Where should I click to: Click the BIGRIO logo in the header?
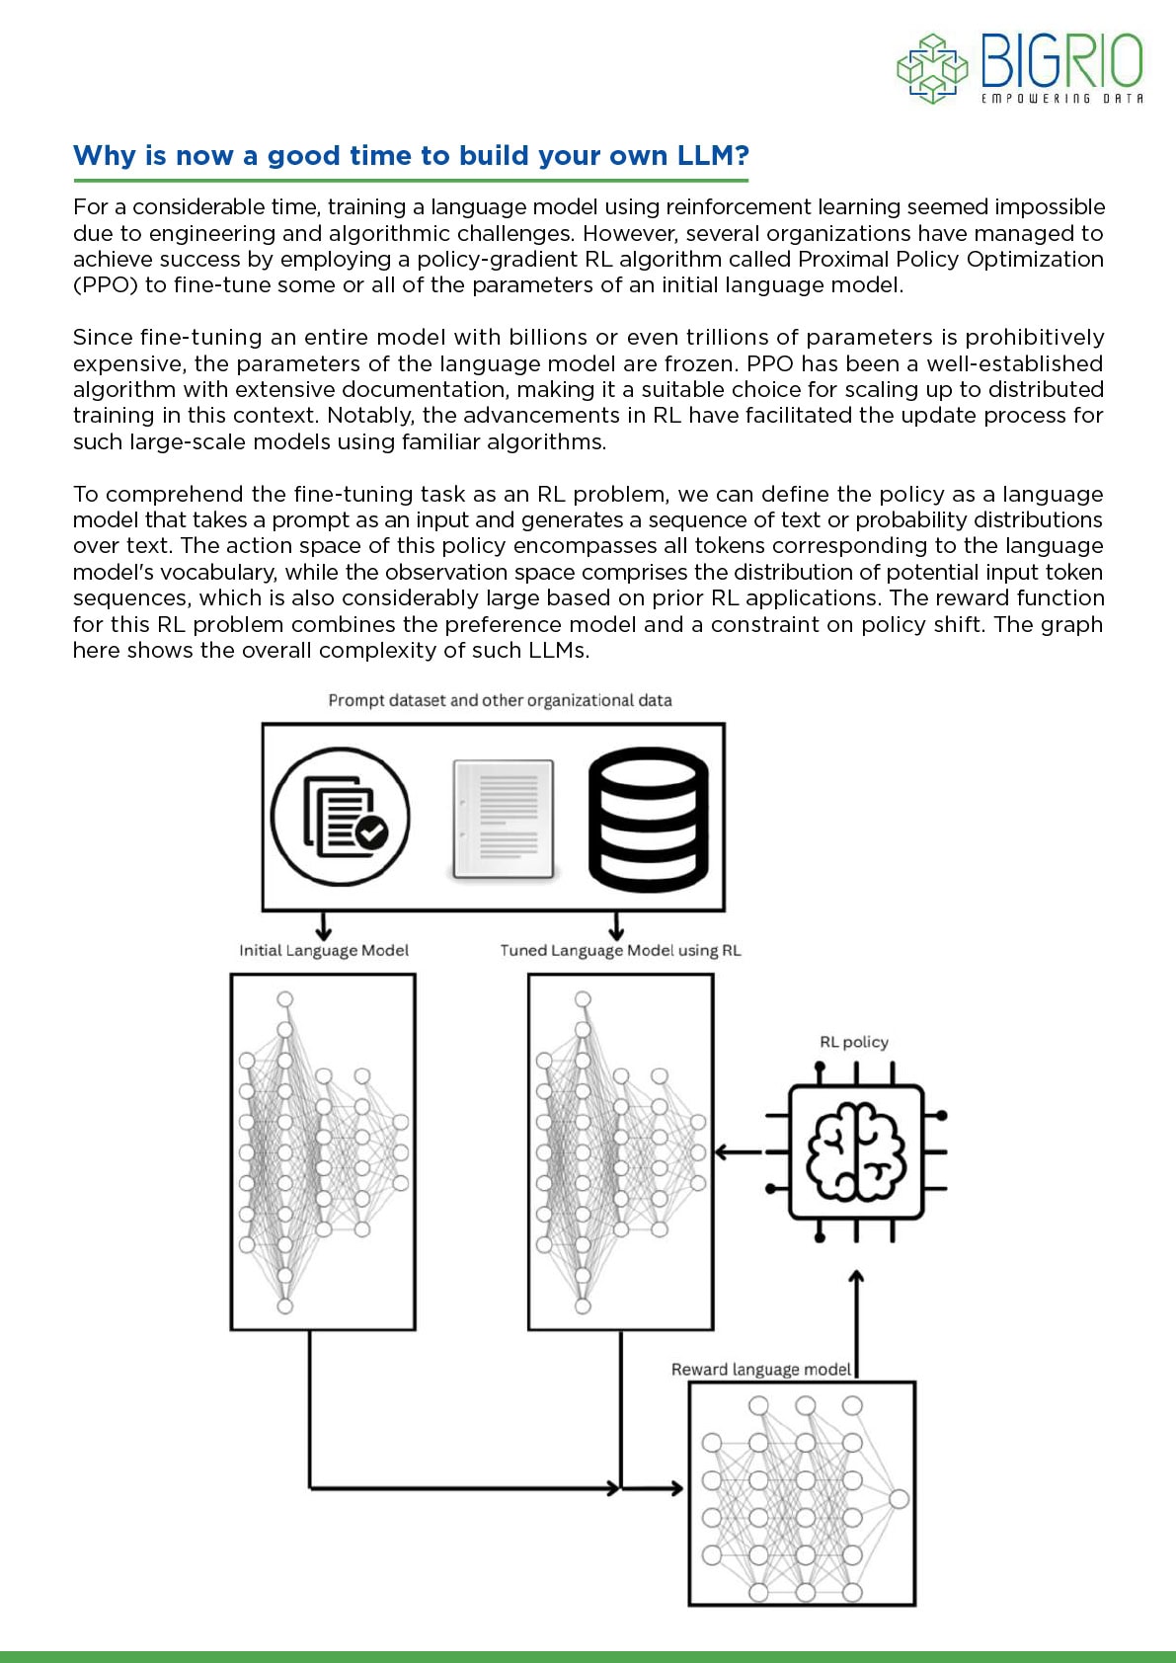(x=1019, y=67)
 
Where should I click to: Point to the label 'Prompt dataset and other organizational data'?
(x=500, y=700)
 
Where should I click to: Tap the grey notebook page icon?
(x=503, y=819)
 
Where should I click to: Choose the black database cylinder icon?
(x=649, y=819)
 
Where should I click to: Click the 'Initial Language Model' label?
(x=323, y=950)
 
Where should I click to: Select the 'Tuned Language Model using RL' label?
(x=620, y=950)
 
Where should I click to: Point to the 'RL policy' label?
(x=854, y=1042)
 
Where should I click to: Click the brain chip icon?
(x=856, y=1151)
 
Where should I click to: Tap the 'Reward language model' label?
(x=760, y=1370)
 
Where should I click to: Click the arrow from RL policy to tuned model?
(x=737, y=1151)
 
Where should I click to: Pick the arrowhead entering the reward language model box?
(x=675, y=1487)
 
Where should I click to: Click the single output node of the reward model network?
(x=899, y=1499)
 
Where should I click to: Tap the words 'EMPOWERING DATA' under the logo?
(x=1061, y=99)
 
